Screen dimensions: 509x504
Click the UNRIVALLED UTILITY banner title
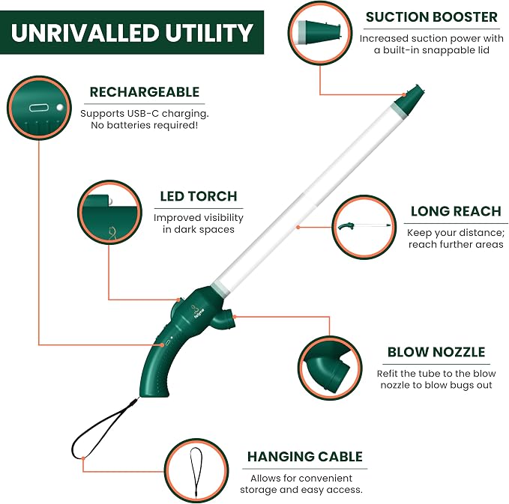click(x=132, y=32)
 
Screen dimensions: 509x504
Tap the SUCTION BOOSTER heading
click(x=432, y=17)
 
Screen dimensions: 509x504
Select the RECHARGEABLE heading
click(x=145, y=92)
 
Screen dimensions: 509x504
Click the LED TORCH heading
click(x=199, y=196)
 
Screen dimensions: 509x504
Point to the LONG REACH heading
click(x=456, y=211)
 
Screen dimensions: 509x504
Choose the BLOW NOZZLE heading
click(x=436, y=352)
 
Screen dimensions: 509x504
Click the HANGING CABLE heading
click(x=305, y=457)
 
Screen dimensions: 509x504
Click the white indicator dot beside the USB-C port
click(x=59, y=107)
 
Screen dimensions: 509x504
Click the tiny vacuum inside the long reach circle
click(x=364, y=225)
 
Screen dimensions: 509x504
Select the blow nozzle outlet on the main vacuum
click(x=225, y=321)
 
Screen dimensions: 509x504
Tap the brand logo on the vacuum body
click(x=198, y=312)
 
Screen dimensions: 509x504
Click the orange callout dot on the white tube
click(x=298, y=228)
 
